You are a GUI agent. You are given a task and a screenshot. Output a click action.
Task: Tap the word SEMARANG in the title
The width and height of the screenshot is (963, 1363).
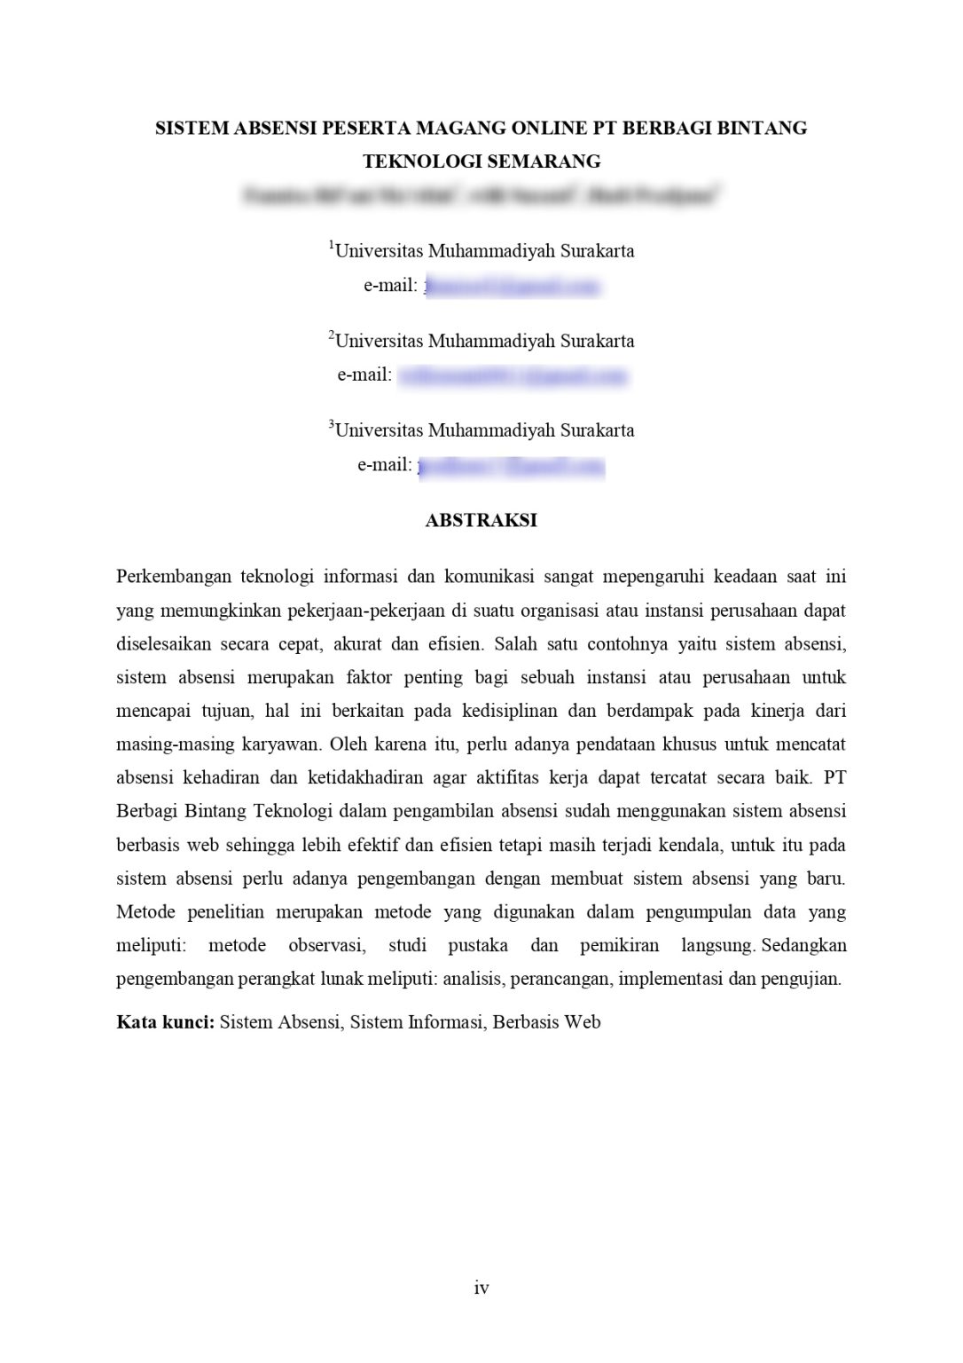[544, 162]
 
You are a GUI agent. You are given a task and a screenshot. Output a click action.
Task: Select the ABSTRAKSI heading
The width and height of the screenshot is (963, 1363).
[481, 521]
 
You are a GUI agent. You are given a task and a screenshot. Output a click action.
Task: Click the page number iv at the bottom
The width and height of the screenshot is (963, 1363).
[481, 1288]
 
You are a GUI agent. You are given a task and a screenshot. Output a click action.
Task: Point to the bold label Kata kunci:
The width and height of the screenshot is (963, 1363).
[166, 1022]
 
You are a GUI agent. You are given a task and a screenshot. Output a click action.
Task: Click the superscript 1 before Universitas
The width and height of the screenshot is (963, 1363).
[331, 246]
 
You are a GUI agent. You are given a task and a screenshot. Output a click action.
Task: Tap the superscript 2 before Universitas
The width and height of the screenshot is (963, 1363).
[331, 335]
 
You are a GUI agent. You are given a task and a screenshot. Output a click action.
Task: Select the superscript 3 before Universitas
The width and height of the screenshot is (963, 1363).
[331, 425]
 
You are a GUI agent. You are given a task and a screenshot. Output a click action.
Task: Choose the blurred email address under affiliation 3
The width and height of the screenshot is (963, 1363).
[511, 466]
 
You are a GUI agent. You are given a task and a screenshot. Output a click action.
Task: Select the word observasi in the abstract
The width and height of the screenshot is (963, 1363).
[325, 946]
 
